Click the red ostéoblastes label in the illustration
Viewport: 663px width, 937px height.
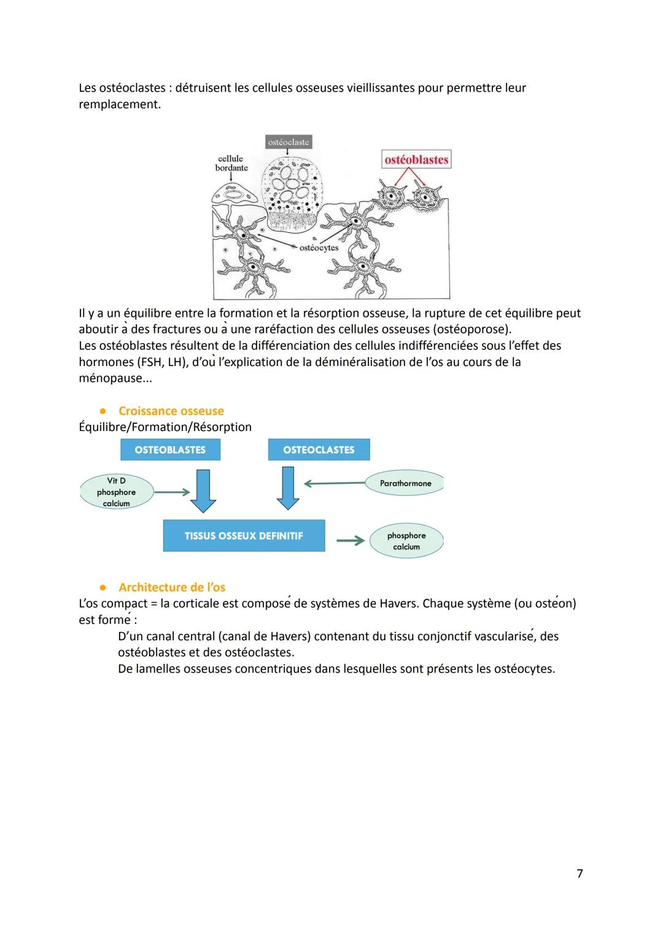point(416,160)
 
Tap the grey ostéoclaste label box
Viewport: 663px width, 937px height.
point(289,142)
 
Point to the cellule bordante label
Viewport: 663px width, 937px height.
point(231,163)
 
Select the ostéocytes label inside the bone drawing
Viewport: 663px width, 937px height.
point(319,248)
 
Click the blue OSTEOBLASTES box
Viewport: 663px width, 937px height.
point(170,450)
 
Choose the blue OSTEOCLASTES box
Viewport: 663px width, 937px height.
point(319,450)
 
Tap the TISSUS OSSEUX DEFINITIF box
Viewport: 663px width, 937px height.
point(244,536)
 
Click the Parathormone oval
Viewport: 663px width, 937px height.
point(405,483)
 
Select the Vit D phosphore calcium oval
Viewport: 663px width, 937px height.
point(116,492)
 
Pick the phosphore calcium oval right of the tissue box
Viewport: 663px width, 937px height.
point(406,541)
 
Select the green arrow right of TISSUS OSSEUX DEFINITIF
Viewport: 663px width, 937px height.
point(350,541)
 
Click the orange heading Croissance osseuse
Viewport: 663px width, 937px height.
point(171,411)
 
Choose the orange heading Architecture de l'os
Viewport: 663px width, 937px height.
point(172,587)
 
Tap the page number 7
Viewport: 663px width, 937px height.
point(580,873)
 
